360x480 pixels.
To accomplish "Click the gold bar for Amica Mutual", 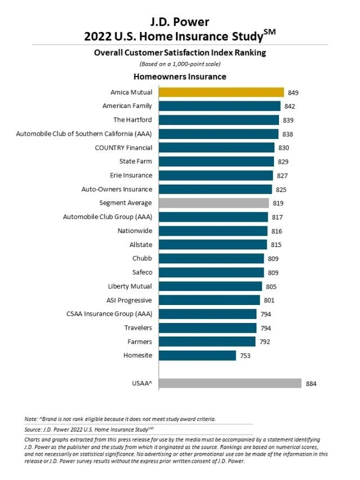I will coord(221,92).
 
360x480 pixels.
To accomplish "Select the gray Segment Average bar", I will coord(214,203).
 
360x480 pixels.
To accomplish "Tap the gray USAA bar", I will coord(230,383).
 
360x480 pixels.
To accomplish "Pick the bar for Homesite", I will coord(197,356).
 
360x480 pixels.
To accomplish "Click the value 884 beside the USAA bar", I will coord(311,384).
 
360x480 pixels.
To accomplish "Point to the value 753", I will coord(245,356).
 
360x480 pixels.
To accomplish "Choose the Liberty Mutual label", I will coord(130,286).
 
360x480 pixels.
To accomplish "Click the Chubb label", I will coord(142,258).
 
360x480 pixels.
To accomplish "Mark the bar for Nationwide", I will coord(213,231).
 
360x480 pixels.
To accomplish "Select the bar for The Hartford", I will coord(219,120).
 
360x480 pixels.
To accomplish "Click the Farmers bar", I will coord(208,342).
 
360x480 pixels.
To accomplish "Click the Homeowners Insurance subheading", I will coord(179,76).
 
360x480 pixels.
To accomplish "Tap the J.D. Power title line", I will coord(179,22).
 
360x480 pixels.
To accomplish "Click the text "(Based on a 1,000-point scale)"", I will coord(179,64).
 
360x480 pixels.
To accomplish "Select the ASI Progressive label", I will coord(129,300).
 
